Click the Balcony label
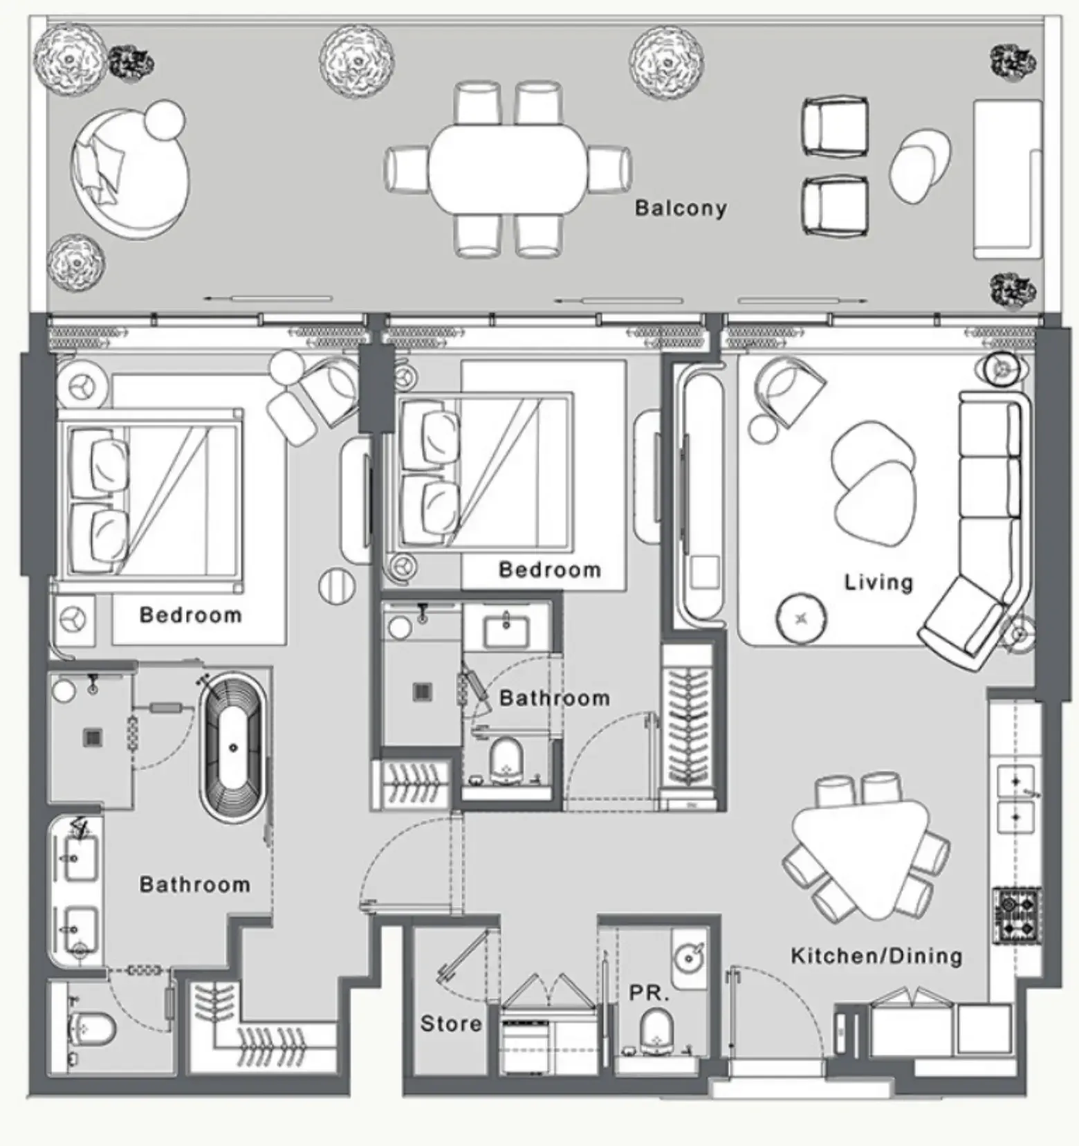pos(681,208)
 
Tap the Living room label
pos(878,582)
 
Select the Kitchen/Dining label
pos(876,956)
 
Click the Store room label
pos(451,1023)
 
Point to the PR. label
pos(649,994)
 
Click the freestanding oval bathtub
pos(233,749)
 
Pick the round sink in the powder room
pos(689,958)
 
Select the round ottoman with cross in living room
pos(802,618)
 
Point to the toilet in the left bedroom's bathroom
pos(91,1030)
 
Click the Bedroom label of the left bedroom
pos(190,615)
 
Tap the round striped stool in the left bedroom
pos(337,585)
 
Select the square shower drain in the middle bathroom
pos(423,692)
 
